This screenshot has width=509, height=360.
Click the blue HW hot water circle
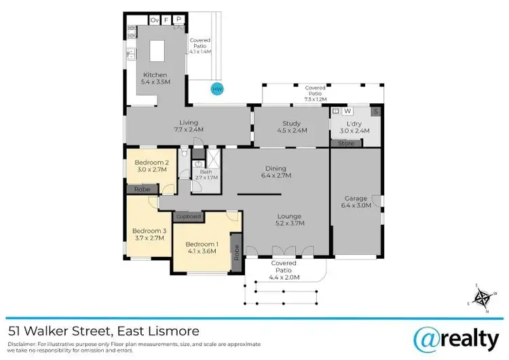coord(217,89)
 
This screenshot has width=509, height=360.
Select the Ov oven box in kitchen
coord(154,20)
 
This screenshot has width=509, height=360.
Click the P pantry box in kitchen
coord(178,20)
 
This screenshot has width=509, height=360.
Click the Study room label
coord(291,123)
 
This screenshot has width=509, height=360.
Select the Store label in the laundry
coord(347,143)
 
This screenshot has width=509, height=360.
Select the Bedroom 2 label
coord(151,162)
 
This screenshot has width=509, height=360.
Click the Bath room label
coord(202,173)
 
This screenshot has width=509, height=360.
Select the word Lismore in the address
coord(174,331)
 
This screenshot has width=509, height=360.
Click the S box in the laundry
coord(375,111)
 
